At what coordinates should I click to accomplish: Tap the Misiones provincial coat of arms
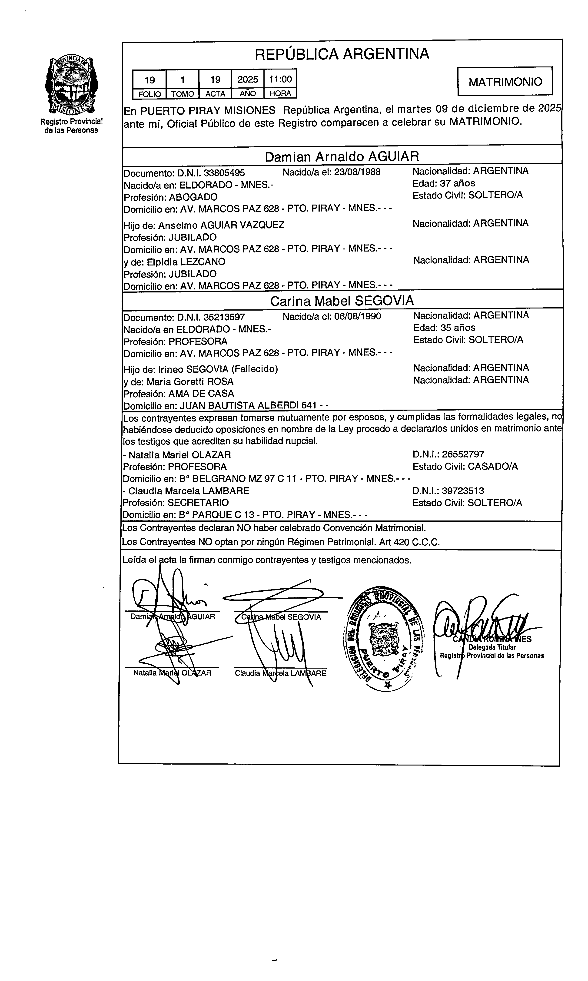(x=71, y=84)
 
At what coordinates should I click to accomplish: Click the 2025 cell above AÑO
(x=248, y=79)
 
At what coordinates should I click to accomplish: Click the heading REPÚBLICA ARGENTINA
(x=342, y=54)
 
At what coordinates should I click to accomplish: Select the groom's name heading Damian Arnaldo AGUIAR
(x=342, y=157)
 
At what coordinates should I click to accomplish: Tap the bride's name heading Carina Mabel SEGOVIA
(x=342, y=301)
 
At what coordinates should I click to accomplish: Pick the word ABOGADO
(x=193, y=197)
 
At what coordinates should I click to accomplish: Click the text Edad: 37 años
(x=443, y=183)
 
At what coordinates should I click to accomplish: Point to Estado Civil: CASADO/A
(x=465, y=467)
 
